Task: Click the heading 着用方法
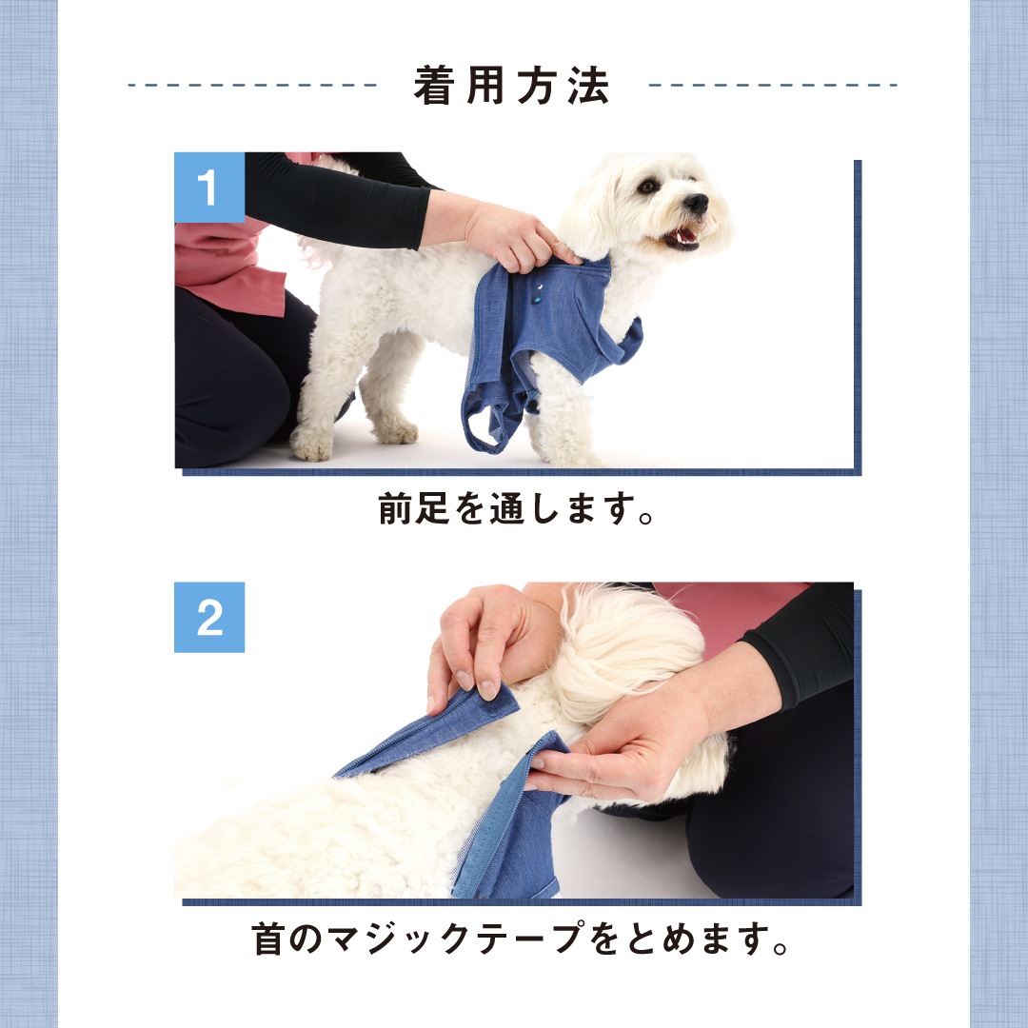tap(512, 86)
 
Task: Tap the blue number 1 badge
tap(209, 188)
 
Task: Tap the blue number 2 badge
tap(209, 617)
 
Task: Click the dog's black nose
tap(696, 203)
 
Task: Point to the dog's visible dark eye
tap(649, 187)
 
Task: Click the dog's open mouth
tap(682, 235)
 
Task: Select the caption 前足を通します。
tap(516, 508)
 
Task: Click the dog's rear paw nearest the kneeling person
tap(312, 442)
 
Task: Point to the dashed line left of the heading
tap(251, 86)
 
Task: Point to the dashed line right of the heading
tap(772, 86)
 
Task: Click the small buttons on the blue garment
tap(538, 293)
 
